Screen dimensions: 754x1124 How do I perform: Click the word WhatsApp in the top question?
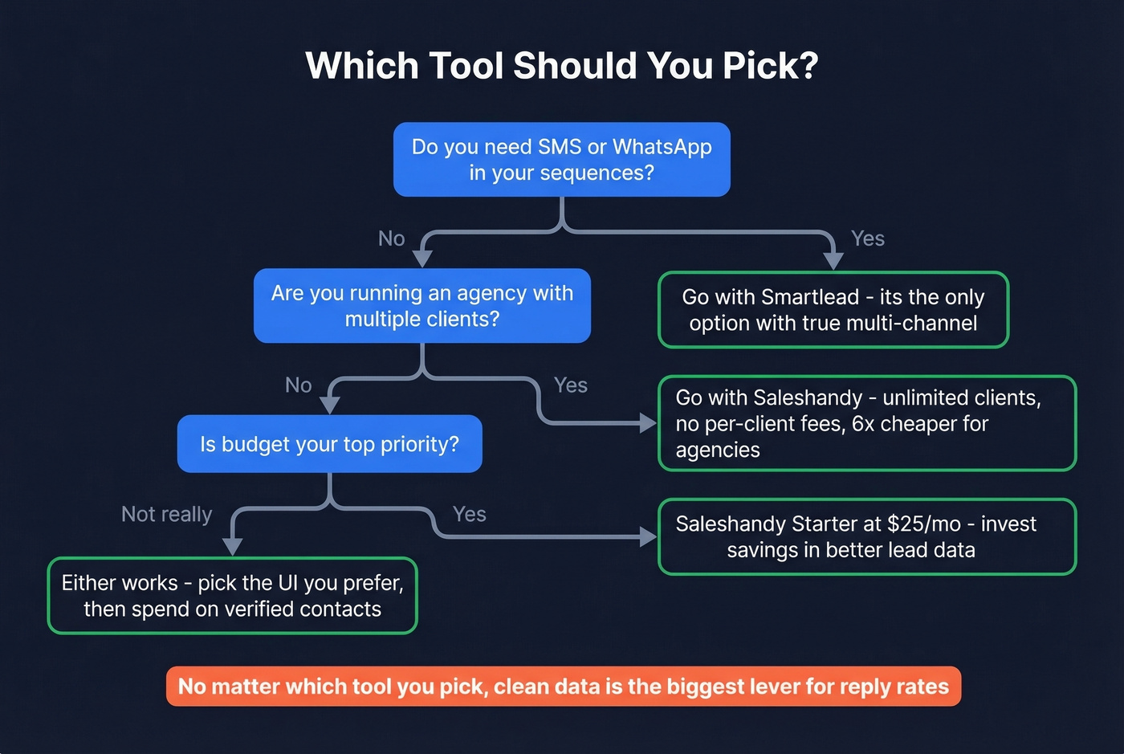click(662, 147)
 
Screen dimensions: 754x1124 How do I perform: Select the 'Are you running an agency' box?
click(422, 306)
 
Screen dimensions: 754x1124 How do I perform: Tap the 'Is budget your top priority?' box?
click(329, 444)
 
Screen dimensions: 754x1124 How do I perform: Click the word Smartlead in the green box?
click(809, 297)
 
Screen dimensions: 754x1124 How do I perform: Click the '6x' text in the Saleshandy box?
click(863, 424)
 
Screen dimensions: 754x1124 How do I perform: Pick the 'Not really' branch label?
click(166, 514)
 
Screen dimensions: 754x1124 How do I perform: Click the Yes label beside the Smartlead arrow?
click(867, 238)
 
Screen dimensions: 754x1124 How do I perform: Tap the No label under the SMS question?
click(391, 238)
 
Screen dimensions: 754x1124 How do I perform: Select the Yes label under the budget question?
click(469, 514)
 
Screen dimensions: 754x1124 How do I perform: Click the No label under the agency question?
click(298, 385)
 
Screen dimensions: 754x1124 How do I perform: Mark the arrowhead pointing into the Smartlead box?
click(833, 260)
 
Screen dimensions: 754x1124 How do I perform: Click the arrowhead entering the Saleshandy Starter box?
click(648, 537)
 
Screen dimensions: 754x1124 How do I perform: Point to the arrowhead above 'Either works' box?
click(232, 546)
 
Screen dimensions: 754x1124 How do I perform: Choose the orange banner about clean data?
click(563, 687)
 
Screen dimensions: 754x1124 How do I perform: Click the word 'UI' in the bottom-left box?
click(287, 583)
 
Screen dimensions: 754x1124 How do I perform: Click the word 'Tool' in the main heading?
click(465, 66)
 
